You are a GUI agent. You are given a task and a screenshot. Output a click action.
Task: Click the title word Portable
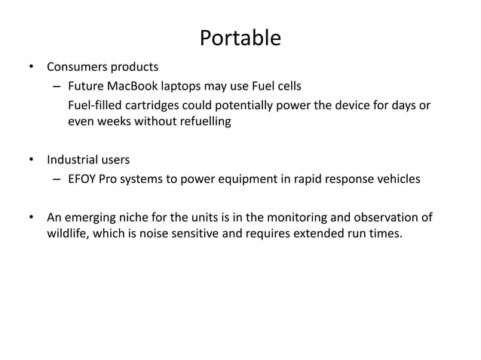(240, 38)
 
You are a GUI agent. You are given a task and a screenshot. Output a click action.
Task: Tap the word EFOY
(83, 179)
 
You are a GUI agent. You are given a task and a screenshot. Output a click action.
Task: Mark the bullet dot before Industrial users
(32, 160)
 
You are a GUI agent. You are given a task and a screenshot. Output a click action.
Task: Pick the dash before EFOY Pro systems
(56, 179)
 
